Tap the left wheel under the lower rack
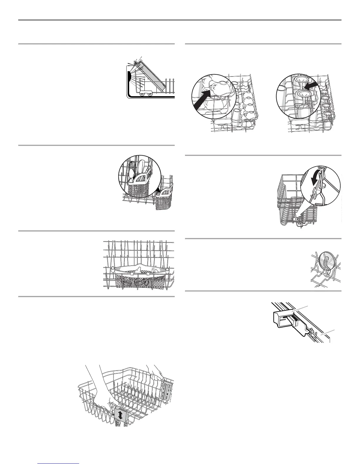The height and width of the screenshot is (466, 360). (142, 94)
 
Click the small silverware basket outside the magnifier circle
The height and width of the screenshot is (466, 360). (165, 200)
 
